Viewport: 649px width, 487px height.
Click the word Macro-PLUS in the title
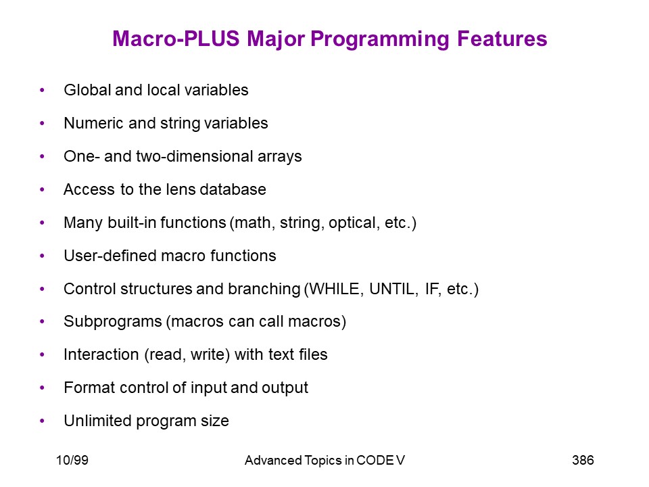[x=176, y=39]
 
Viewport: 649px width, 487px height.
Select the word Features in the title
[x=502, y=39]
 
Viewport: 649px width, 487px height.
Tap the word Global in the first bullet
[x=87, y=90]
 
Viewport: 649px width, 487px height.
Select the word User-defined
[x=110, y=256]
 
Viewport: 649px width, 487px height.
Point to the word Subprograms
[x=113, y=322]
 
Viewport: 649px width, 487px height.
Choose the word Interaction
[x=101, y=354]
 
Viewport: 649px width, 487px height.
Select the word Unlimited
[x=97, y=421]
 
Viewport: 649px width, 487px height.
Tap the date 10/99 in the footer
[x=72, y=460]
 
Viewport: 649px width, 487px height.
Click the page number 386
[x=583, y=460]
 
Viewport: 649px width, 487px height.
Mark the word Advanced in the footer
[x=273, y=460]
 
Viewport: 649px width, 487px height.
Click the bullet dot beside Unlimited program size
[x=42, y=421]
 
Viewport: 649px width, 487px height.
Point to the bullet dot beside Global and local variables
[x=42, y=90]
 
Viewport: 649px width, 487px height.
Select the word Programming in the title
[x=380, y=39]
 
